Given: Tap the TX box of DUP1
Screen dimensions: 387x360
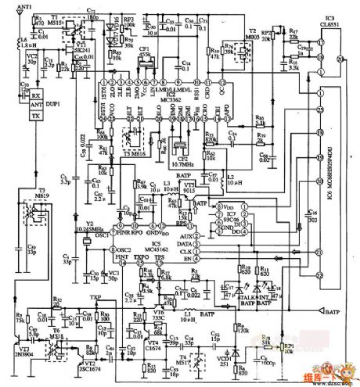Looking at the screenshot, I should (34, 115).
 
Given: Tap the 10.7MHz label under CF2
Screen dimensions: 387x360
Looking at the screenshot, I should (183, 166).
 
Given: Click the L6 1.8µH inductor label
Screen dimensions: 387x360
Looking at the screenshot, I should (24, 41).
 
